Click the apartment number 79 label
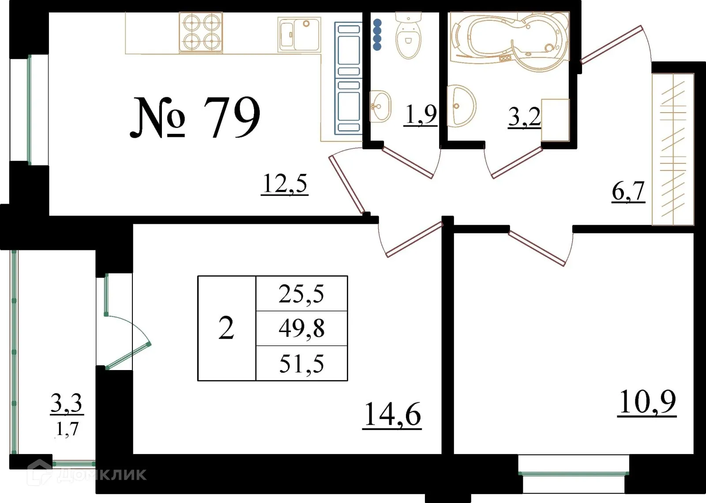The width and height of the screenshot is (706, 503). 195,117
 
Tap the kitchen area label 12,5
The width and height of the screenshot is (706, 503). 285,184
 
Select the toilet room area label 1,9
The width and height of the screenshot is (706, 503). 421,115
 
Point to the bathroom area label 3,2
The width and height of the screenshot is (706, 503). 524,117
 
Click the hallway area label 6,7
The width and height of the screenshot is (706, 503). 628,192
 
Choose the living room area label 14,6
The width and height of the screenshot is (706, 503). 392,415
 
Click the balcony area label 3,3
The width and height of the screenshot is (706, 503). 67,403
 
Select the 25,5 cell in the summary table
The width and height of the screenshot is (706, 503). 301,294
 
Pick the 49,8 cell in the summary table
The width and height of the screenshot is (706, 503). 301,329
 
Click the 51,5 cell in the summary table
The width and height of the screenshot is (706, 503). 301,364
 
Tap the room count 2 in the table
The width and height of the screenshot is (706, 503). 226,329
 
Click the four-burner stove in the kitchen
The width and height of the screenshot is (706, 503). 201,33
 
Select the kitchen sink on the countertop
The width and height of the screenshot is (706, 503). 299,34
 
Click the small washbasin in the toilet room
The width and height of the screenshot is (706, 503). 379,106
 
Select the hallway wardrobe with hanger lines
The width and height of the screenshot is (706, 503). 673,149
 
